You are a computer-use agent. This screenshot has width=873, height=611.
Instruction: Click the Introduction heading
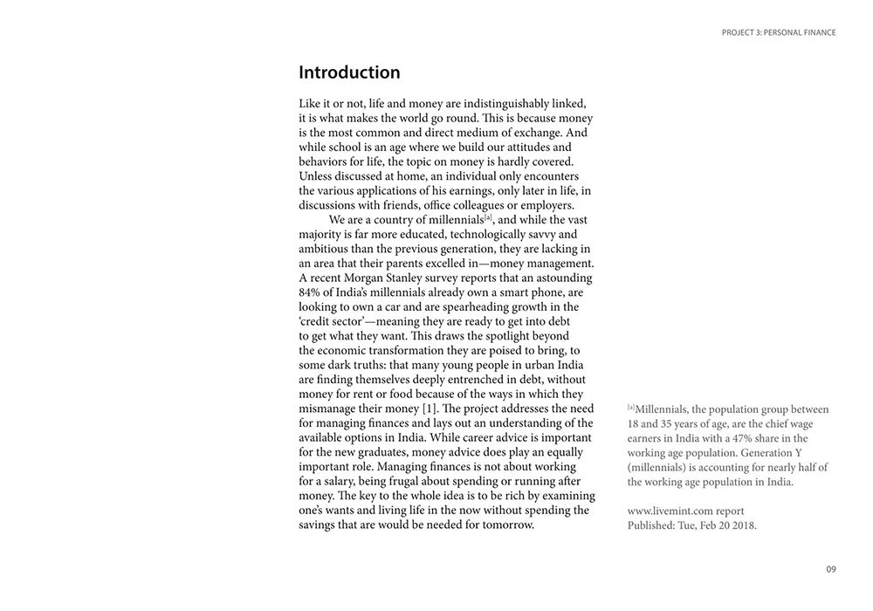pos(349,72)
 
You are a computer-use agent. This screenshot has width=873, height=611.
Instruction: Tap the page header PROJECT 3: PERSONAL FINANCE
pos(779,32)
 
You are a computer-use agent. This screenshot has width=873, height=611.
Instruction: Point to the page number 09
pos(830,569)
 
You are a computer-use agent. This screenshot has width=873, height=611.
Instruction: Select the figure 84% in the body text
pos(313,292)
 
